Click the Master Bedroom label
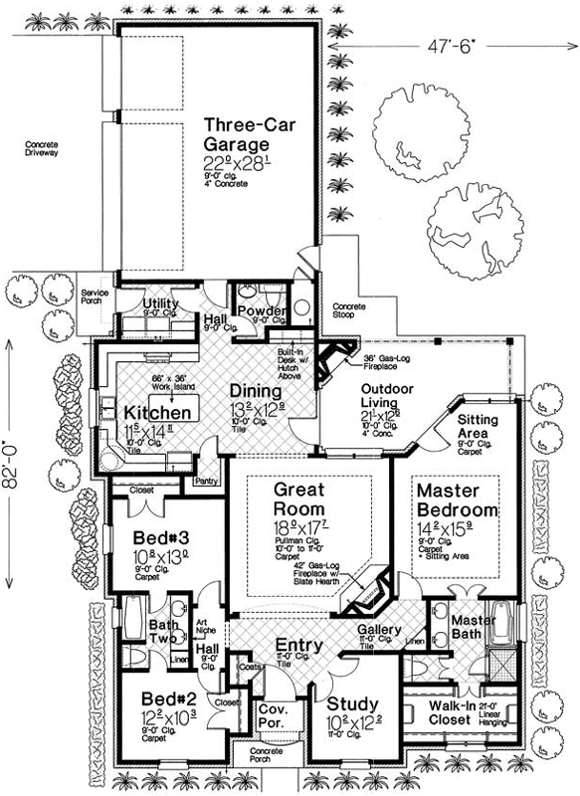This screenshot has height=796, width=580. click(461, 500)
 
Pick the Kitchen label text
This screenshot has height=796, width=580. click(157, 412)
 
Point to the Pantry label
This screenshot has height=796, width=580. click(207, 481)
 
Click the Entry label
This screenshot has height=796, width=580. click(298, 646)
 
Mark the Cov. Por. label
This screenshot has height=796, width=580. click(273, 716)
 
